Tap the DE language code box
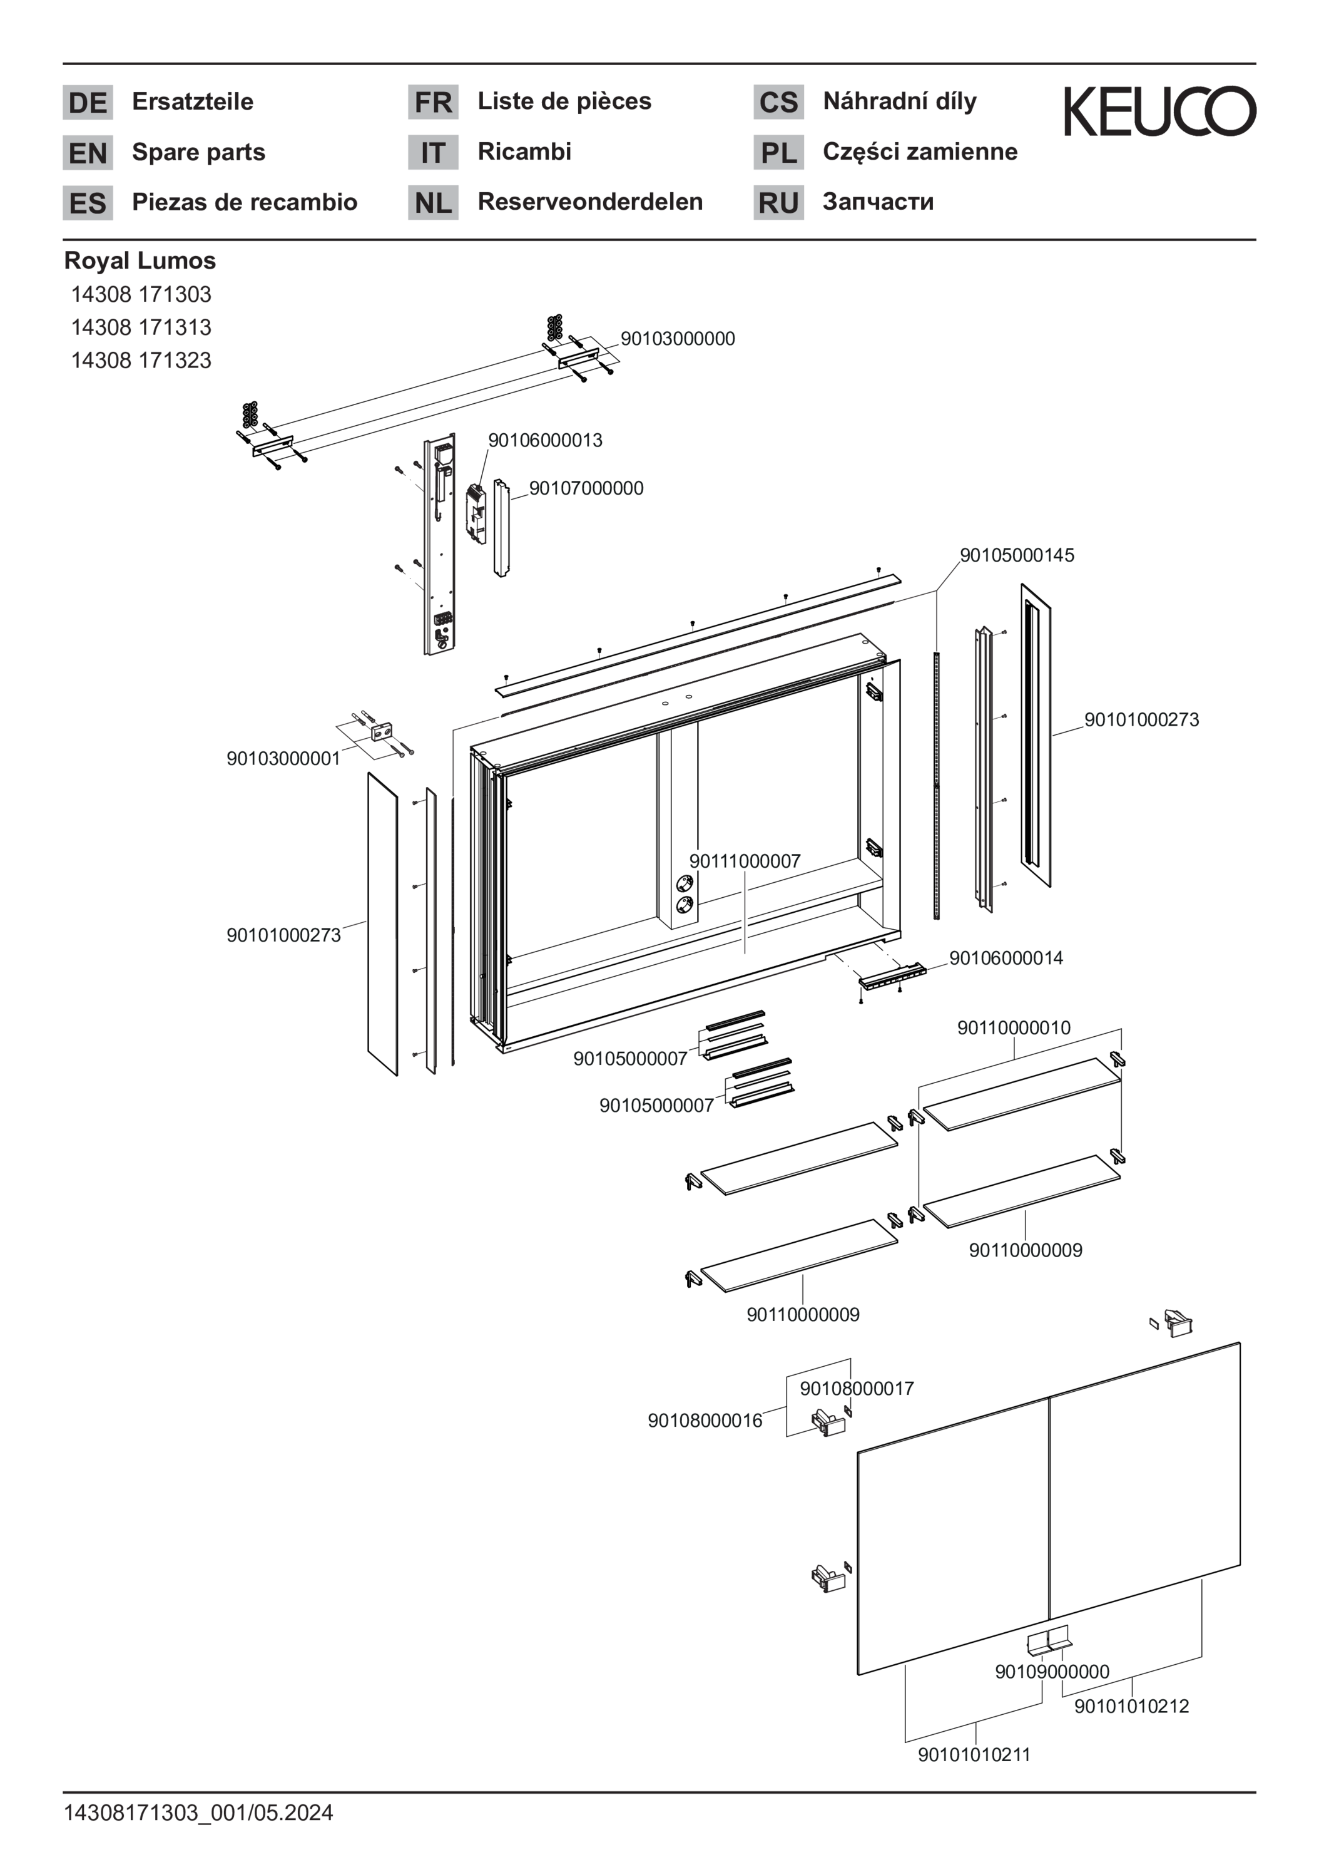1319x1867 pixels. (88, 103)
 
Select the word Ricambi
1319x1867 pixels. (524, 152)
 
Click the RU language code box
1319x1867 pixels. (778, 202)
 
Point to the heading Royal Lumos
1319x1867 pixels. (140, 260)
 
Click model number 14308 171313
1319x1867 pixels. (141, 327)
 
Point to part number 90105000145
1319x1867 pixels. (1017, 555)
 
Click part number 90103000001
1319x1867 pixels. (283, 759)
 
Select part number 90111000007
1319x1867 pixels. (745, 861)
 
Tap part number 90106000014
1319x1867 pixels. (1006, 958)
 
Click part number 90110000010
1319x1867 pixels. (1014, 1028)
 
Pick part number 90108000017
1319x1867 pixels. (857, 1388)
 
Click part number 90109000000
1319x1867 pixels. (1052, 1671)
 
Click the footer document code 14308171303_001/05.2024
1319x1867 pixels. (198, 1813)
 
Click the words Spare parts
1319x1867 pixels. (198, 152)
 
